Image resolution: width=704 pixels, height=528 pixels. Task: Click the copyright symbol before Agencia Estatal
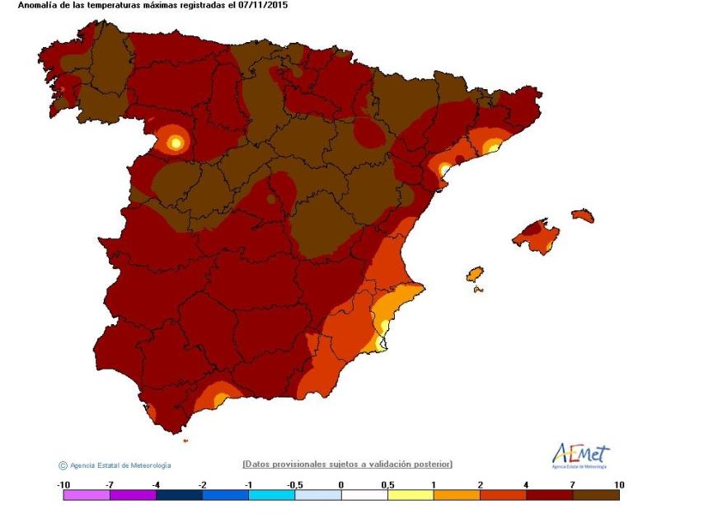63,465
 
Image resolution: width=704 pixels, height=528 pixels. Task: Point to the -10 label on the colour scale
63,484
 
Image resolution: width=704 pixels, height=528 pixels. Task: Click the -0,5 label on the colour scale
294,484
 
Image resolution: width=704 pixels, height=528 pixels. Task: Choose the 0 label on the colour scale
341,484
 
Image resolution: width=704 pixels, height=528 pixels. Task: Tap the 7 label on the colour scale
572,484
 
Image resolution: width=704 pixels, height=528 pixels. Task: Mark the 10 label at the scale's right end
618,484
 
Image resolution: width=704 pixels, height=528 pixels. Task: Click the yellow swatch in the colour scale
411,495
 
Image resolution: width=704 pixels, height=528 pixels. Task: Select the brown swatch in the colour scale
596,495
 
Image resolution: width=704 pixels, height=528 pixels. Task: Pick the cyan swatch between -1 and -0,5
271,495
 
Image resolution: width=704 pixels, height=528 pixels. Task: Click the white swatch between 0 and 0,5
364,495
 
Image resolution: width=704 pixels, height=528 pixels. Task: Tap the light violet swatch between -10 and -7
87,495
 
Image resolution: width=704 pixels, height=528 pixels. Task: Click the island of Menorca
582,215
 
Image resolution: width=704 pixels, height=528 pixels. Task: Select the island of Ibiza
475,274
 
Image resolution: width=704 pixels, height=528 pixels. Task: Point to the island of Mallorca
536,236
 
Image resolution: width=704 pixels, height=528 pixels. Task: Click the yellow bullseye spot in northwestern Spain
174,142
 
